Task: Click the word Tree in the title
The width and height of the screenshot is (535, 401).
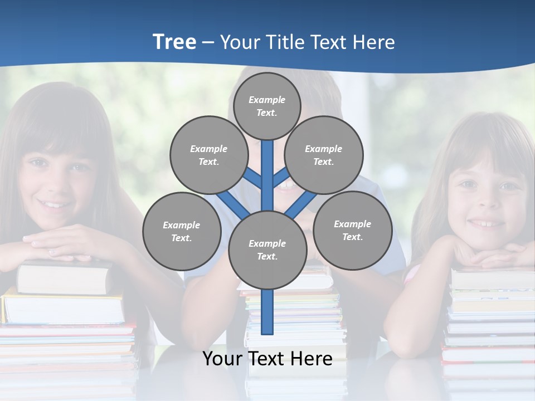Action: coord(174,42)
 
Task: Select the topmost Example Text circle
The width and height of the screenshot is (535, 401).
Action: coord(267,106)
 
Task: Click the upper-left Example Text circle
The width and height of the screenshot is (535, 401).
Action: coord(208,155)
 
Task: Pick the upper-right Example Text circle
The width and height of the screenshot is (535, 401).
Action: coord(324,155)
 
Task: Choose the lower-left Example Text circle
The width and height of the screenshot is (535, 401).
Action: coord(182,231)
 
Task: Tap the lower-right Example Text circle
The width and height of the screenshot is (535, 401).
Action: coord(352,230)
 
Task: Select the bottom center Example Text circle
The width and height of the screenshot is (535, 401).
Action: coord(267,250)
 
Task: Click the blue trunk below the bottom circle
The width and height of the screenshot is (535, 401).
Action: coord(267,312)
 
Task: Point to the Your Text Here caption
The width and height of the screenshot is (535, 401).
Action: coord(267,359)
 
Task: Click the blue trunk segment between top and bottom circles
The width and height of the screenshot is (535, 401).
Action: coord(267,175)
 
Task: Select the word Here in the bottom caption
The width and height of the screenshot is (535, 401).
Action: coord(310,359)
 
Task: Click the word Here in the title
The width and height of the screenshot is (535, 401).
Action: coord(373,42)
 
